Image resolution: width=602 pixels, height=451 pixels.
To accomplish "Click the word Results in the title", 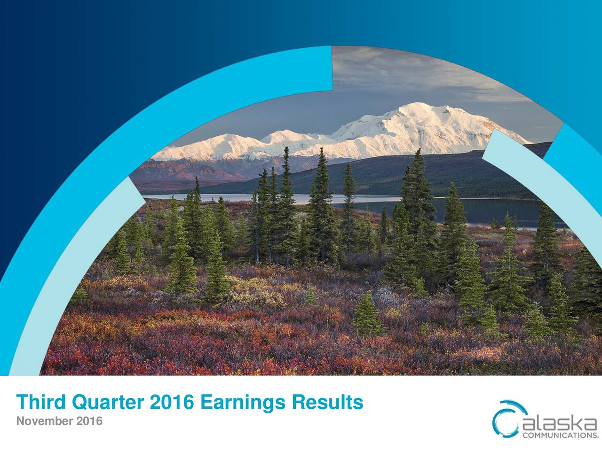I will click(327, 403).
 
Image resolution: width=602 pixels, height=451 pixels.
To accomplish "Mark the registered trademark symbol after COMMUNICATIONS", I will click(598, 436).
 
